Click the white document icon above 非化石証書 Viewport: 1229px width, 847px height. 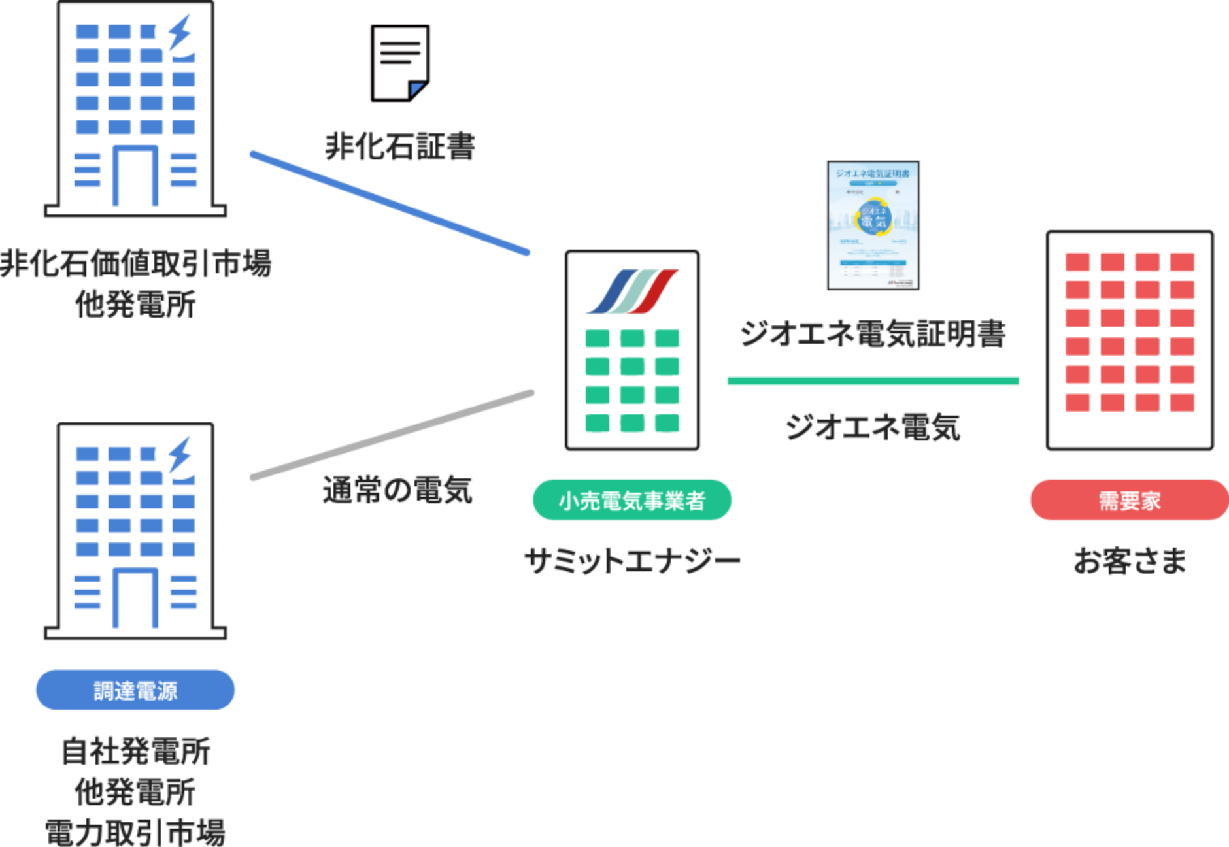400,63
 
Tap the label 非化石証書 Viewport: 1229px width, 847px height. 399,146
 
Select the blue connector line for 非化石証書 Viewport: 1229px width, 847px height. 390,203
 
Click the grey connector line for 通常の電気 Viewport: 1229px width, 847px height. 392,435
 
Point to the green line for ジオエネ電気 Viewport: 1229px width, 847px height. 873,381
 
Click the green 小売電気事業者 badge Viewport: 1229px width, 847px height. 632,501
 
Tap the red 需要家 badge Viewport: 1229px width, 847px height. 1129,501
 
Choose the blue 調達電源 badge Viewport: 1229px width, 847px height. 135,690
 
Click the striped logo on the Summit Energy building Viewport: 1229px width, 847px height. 632,291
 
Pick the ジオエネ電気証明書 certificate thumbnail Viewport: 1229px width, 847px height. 873,225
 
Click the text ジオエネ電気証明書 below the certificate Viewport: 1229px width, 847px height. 873,334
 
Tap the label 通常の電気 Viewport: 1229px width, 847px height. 397,490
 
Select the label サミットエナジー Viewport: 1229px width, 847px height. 632,561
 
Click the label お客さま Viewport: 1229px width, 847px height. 1130,561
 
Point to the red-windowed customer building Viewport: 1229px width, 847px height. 1130,340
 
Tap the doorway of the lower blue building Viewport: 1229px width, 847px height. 135,598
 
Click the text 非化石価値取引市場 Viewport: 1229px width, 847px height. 135,263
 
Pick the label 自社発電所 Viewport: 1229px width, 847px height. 135,752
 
